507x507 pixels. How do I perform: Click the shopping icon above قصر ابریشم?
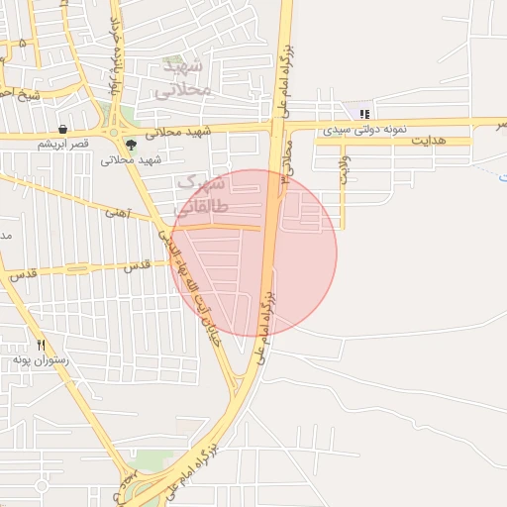pyautogui.click(x=62, y=130)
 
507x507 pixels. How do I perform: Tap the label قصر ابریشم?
pyautogui.click(x=63, y=144)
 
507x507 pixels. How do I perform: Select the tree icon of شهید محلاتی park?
pyautogui.click(x=131, y=144)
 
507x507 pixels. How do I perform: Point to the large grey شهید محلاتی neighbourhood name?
pyautogui.click(x=184, y=77)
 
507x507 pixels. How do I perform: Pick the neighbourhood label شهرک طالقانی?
pyautogui.click(x=202, y=195)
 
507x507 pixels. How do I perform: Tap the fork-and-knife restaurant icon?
pyautogui.click(x=41, y=346)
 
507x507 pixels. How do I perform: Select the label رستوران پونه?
pyautogui.click(x=41, y=361)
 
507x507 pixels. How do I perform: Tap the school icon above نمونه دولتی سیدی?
pyautogui.click(x=364, y=114)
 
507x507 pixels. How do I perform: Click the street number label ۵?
pyautogui.click(x=23, y=44)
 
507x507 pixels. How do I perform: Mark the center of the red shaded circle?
pyautogui.click(x=254, y=253)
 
